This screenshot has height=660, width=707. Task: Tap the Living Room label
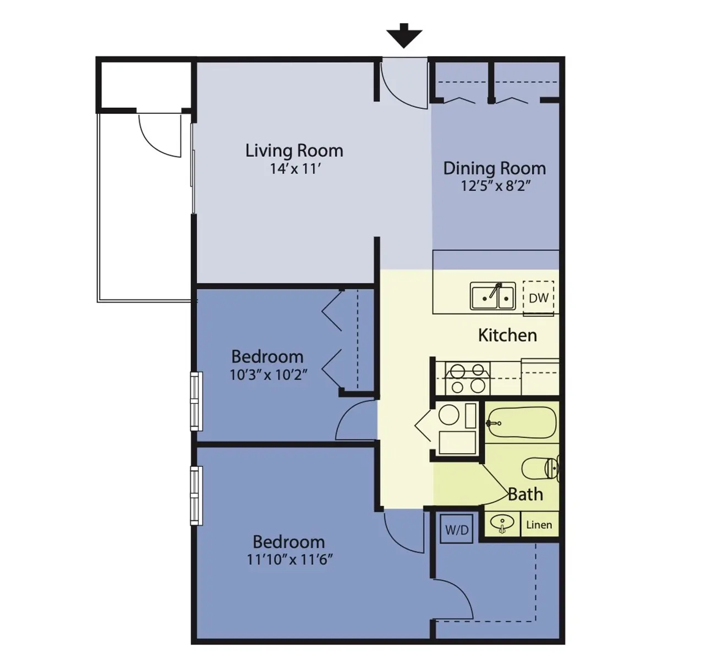(294, 151)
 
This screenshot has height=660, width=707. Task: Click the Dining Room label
(494, 168)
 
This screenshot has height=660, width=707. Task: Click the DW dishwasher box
(538, 298)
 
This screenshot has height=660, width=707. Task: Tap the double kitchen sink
(492, 296)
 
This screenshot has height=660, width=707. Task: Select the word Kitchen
(507, 335)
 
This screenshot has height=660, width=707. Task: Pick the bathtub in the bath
(522, 422)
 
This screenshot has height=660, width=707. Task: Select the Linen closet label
(539, 525)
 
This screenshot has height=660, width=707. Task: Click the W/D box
(457, 530)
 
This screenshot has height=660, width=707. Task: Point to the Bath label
(525, 494)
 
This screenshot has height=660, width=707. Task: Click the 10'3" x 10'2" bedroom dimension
(267, 375)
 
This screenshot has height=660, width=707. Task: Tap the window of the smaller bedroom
(196, 402)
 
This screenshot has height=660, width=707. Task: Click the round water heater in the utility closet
(448, 415)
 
